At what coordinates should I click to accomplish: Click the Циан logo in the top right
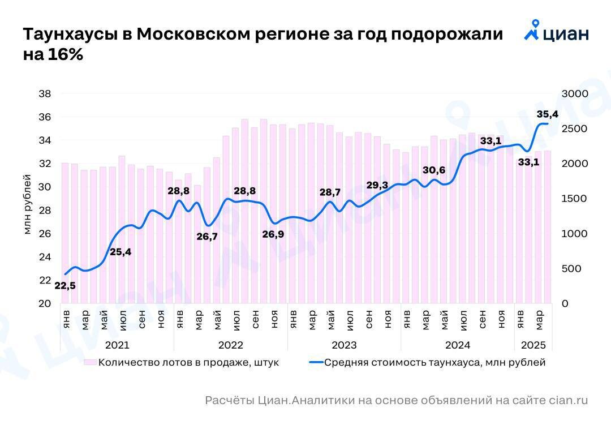(557, 32)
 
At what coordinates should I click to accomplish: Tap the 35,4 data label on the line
(548, 114)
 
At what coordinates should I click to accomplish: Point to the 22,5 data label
(65, 286)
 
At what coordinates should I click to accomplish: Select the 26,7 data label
(207, 237)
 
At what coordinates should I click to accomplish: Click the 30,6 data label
(434, 170)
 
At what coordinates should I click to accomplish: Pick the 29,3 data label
(377, 185)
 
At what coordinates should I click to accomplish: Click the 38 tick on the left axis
(45, 93)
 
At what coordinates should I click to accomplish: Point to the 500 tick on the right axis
(571, 268)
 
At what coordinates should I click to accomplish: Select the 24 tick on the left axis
(45, 257)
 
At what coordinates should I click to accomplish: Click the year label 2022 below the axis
(230, 345)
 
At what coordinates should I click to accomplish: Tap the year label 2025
(533, 345)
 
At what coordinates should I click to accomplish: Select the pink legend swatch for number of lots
(90, 362)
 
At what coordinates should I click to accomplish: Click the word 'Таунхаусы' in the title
(68, 34)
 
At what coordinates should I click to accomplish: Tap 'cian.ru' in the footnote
(568, 401)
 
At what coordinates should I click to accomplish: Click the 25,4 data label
(120, 252)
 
